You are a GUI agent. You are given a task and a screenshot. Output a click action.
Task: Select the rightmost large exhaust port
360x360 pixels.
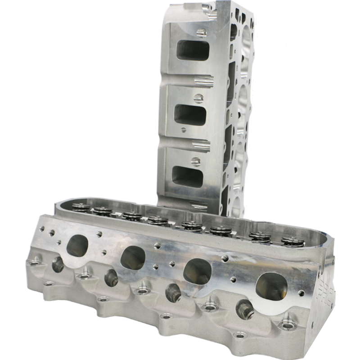coord(271,286)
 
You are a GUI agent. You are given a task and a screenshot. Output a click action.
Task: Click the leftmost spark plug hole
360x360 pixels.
coord(58,265)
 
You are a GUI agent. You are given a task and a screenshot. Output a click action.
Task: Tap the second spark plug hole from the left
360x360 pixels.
coord(111,278)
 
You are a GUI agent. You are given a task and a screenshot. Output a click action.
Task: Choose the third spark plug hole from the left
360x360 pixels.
coord(173,293)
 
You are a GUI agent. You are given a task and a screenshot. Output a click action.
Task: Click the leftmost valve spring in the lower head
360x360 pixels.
coord(81,207)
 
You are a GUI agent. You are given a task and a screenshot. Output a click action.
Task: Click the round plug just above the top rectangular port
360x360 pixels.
coord(201,32)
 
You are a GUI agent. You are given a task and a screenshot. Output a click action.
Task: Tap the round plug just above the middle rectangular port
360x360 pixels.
coord(198,98)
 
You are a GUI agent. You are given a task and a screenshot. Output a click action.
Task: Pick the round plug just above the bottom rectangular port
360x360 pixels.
coord(196,161)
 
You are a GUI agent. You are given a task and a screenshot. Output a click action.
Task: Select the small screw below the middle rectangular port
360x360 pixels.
coord(183,130)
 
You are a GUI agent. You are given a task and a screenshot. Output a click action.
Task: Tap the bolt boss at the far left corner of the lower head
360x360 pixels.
coord(35,261)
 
